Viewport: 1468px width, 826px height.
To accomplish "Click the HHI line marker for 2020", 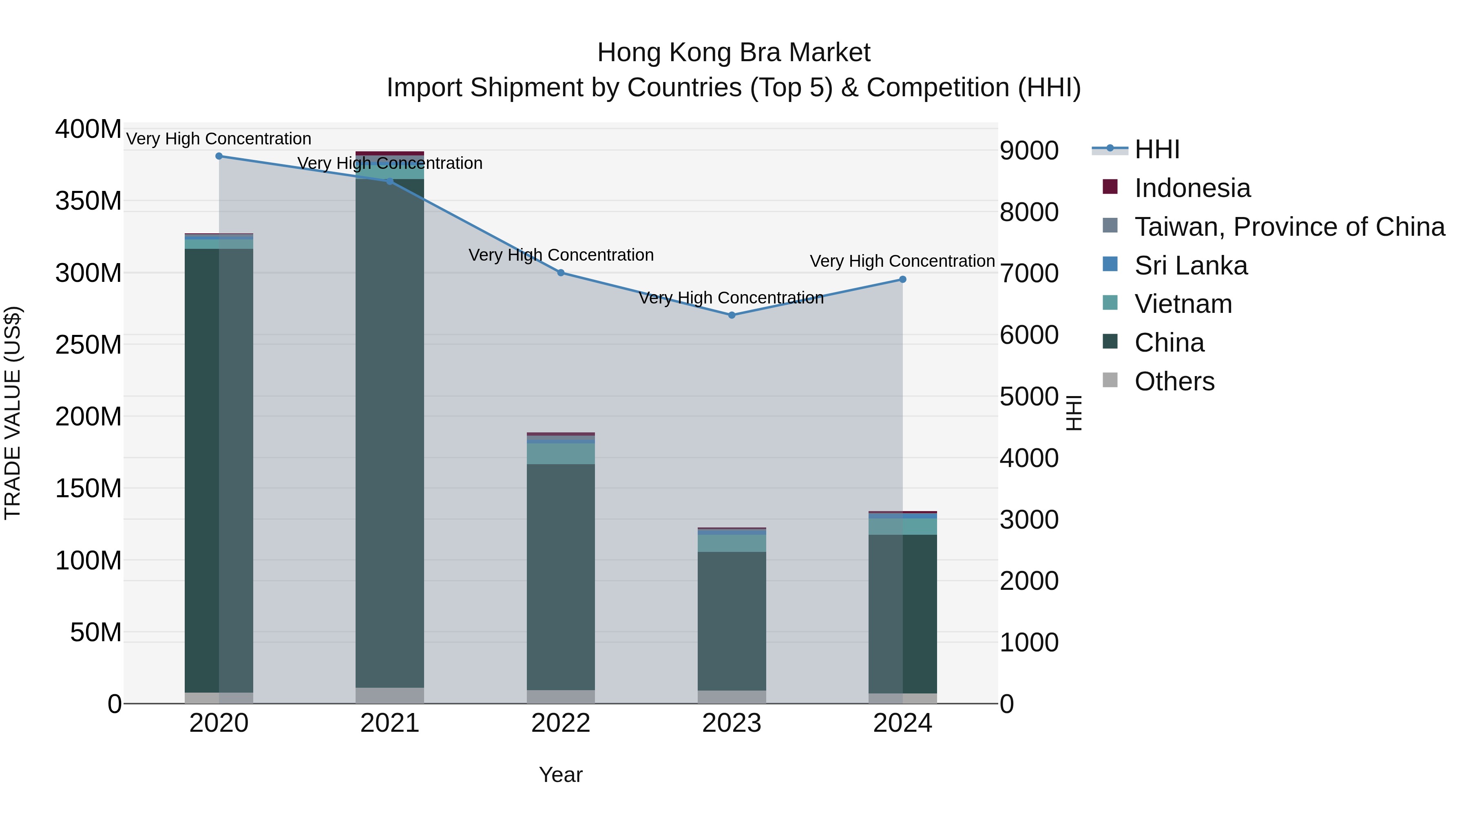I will [219, 156].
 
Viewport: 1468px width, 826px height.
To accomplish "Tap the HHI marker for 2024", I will [903, 279].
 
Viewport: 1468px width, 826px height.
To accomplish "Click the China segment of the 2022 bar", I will [561, 576].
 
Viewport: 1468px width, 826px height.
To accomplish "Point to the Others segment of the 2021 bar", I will [390, 695].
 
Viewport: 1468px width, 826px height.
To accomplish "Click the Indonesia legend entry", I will [1192, 188].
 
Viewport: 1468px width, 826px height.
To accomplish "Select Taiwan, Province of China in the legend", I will [1289, 227].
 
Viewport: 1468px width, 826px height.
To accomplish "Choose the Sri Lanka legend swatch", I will [1110, 264].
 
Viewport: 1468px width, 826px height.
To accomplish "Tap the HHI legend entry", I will [1157, 149].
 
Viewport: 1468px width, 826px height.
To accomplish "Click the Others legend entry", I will [1174, 381].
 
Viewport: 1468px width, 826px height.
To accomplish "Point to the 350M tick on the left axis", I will [88, 201].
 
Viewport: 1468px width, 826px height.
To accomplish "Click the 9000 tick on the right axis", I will [1029, 151].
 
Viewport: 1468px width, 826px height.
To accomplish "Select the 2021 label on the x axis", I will [390, 723].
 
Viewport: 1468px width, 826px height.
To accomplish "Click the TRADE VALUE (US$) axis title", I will [13, 413].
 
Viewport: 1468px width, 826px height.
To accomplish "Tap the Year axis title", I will [561, 775].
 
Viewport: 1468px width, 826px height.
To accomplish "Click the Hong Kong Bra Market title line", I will [734, 53].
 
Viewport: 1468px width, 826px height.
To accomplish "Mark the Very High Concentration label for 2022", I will [561, 255].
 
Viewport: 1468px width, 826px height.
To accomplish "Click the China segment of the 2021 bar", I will [390, 433].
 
